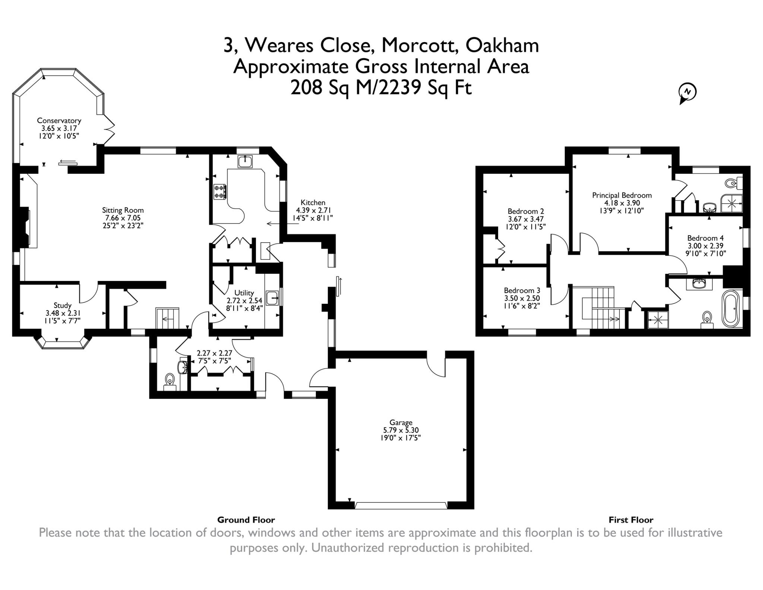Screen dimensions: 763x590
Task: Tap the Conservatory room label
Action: (59, 121)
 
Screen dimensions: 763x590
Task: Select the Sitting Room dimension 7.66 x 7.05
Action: (123, 218)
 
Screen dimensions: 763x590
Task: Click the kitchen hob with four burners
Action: (220, 192)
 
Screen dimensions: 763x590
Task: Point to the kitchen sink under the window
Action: (245, 161)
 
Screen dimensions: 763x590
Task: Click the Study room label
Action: (63, 306)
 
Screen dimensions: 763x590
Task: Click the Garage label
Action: (401, 422)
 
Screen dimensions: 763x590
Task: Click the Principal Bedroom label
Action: (622, 195)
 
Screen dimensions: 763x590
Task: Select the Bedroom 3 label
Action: (522, 290)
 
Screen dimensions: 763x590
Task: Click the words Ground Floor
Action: (246, 520)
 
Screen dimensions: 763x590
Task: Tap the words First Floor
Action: (631, 520)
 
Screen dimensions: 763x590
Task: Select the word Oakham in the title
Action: (502, 45)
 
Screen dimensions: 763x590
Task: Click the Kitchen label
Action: (313, 202)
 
